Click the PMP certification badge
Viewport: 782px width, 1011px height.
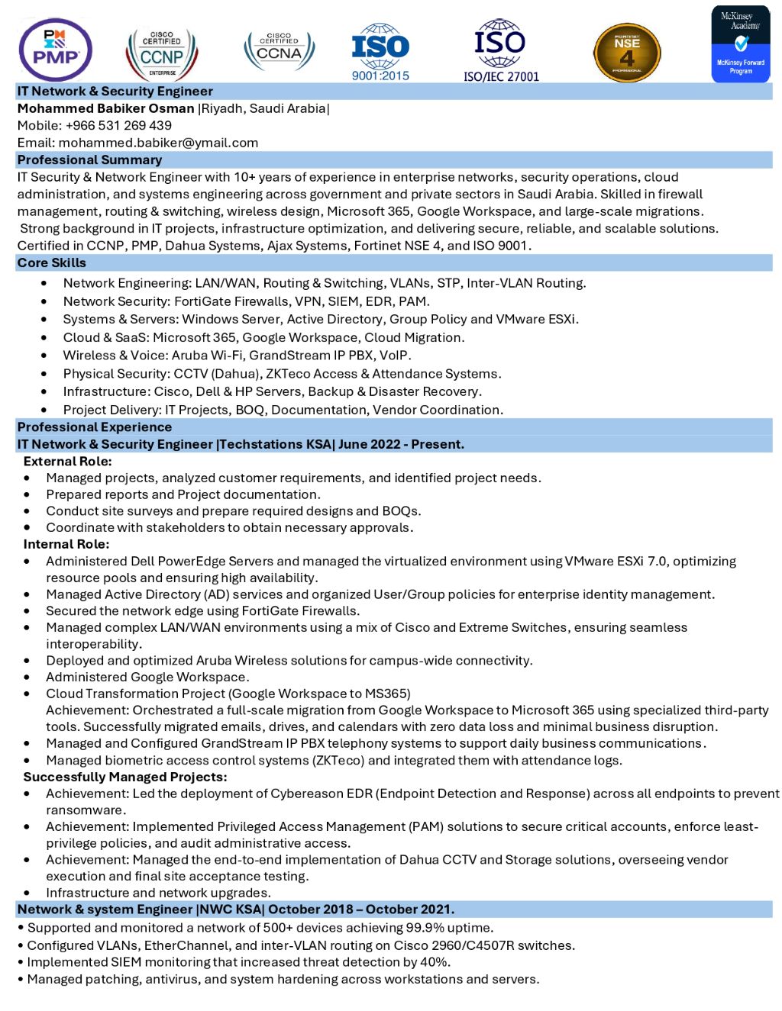55,50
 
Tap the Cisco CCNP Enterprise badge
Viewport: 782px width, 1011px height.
162,53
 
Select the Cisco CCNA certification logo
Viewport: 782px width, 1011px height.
279,50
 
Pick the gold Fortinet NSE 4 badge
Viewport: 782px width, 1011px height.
627,53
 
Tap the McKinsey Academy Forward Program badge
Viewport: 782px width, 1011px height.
740,44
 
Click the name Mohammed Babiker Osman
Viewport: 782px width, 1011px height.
106,108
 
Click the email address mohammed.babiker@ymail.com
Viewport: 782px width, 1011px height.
158,143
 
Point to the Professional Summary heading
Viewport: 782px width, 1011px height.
89,160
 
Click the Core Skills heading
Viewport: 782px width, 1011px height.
52,263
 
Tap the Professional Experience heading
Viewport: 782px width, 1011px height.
95,427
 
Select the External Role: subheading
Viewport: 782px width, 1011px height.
68,462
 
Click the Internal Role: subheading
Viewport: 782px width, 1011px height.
66,544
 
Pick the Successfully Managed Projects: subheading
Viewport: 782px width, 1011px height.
125,777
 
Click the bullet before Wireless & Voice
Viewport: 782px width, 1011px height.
44,356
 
